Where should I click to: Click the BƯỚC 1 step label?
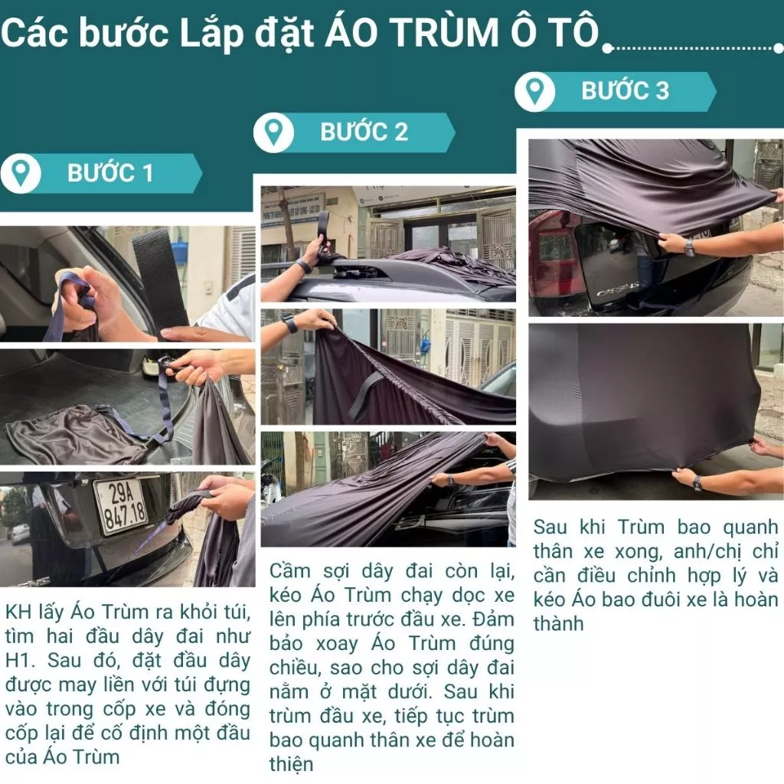pos(110,173)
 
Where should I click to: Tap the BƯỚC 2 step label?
pos(364,132)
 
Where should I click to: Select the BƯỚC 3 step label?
pos(625,91)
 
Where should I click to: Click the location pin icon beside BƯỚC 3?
pos(534,92)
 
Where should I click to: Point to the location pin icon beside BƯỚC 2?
pos(273,132)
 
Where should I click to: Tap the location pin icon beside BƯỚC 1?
pos(21,174)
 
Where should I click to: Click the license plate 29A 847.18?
pos(122,506)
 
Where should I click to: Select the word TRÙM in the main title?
pos(443,33)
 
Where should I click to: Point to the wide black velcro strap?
pos(160,283)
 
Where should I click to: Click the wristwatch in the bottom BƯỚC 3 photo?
pos(697,482)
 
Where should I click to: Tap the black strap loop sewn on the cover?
pos(366,395)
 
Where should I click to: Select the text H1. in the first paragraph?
pos(19,661)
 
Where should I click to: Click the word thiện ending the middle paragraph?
pos(292,764)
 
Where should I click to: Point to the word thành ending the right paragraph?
pos(558,623)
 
